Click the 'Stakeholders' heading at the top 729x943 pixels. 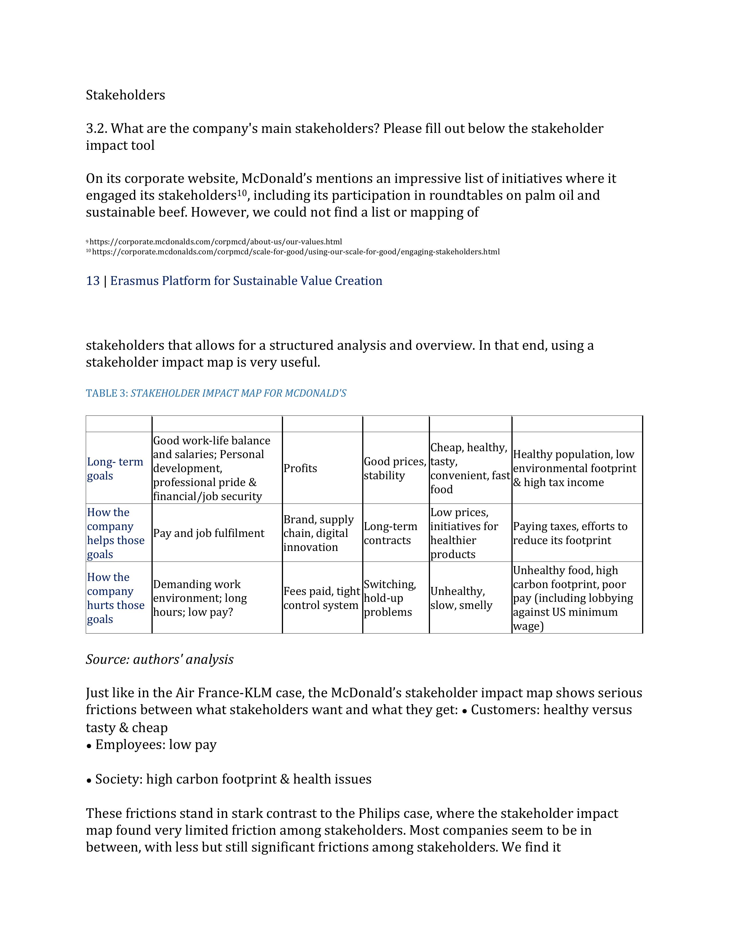(x=125, y=95)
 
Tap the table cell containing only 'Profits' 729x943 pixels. (x=300, y=468)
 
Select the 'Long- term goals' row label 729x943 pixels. (x=115, y=468)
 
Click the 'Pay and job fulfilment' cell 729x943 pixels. (x=209, y=533)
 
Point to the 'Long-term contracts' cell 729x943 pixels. (x=391, y=533)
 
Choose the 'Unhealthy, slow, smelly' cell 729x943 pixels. (x=461, y=598)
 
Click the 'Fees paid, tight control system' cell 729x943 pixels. (x=321, y=598)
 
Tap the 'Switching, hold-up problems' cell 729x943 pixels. (x=390, y=598)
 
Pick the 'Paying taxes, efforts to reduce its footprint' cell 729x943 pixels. (x=570, y=533)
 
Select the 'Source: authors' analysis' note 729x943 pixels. (x=159, y=659)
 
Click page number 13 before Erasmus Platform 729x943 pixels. (x=93, y=281)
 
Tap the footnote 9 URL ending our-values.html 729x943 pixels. (x=216, y=242)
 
